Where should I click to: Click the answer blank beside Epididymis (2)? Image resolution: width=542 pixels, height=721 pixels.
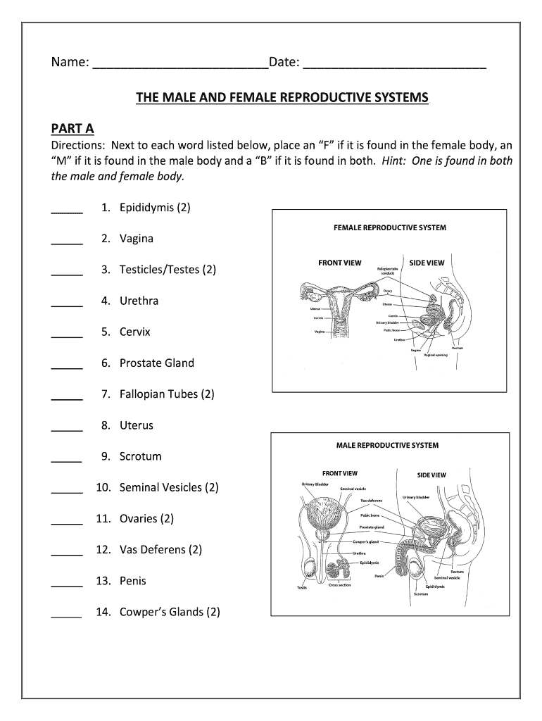click(67, 211)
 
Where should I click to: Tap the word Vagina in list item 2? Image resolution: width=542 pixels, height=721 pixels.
click(136, 239)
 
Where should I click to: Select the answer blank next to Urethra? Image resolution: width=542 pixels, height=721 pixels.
click(67, 304)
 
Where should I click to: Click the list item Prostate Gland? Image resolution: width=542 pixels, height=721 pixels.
click(156, 363)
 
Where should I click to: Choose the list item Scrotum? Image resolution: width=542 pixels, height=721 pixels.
click(140, 456)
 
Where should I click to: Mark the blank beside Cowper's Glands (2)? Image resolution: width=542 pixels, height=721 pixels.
click(67, 615)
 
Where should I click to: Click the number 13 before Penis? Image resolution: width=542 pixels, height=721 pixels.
click(105, 581)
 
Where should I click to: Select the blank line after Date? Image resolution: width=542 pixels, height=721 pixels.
click(394, 66)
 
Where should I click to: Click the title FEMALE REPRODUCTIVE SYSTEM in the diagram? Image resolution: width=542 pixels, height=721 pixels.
click(389, 227)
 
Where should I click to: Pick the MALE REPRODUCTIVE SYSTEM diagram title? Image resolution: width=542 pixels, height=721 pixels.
click(387, 445)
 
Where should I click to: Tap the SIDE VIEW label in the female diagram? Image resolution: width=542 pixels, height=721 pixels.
click(427, 263)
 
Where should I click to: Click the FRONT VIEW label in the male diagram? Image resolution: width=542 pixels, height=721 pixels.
click(340, 474)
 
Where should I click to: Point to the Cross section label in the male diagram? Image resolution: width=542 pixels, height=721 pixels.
click(340, 585)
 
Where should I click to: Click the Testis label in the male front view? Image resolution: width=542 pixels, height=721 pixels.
click(301, 588)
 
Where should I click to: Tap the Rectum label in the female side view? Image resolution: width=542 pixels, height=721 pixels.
click(458, 347)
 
